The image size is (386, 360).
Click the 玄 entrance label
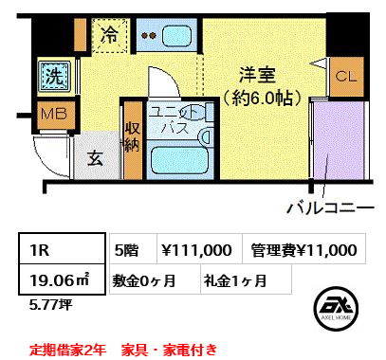click(x=97, y=159)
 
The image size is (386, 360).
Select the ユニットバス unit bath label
click(x=178, y=122)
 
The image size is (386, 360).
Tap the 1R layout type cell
click(x=46, y=250)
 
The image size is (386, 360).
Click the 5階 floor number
click(x=126, y=250)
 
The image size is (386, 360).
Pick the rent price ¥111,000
click(x=196, y=250)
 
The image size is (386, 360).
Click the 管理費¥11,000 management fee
click(x=303, y=250)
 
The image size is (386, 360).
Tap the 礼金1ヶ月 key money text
click(x=234, y=279)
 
